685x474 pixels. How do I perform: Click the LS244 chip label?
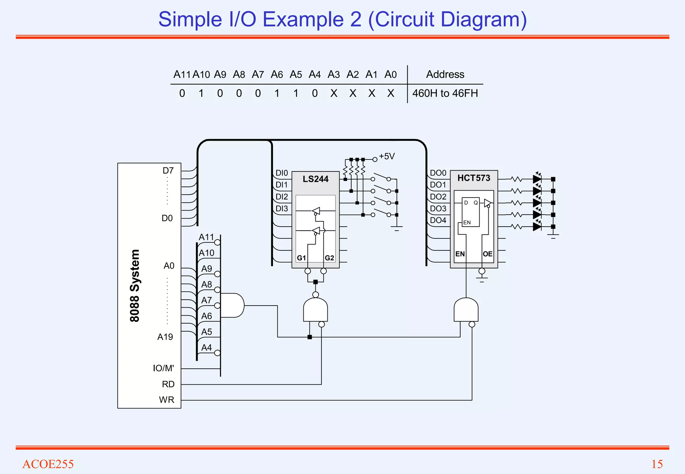click(315, 179)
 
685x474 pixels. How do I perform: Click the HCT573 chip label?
click(474, 178)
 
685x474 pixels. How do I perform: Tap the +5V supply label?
click(387, 156)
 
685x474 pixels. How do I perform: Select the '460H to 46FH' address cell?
click(445, 93)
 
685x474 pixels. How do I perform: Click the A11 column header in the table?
click(182, 74)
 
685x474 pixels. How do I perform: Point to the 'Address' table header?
click(445, 74)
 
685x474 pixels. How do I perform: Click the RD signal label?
click(168, 384)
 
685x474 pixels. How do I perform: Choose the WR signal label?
click(167, 400)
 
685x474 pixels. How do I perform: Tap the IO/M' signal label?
click(163, 368)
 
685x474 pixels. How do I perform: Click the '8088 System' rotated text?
click(134, 286)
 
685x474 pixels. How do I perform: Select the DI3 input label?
click(282, 209)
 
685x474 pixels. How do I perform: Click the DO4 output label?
click(438, 221)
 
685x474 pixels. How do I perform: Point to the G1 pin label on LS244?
click(301, 258)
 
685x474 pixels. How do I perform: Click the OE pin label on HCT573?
click(487, 254)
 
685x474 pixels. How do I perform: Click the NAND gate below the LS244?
click(315, 310)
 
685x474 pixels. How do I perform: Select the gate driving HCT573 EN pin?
click(466, 310)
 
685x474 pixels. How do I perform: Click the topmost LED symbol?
click(537, 179)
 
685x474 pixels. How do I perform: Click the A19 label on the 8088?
click(165, 337)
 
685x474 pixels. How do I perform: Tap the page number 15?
click(657, 464)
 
